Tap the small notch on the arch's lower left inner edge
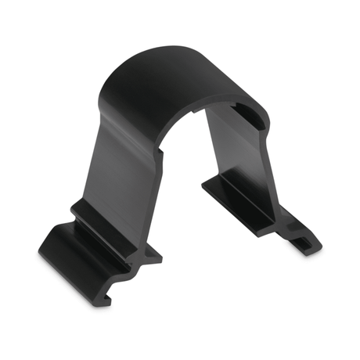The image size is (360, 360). [x=163, y=157]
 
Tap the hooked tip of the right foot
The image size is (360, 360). [x=309, y=239]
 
